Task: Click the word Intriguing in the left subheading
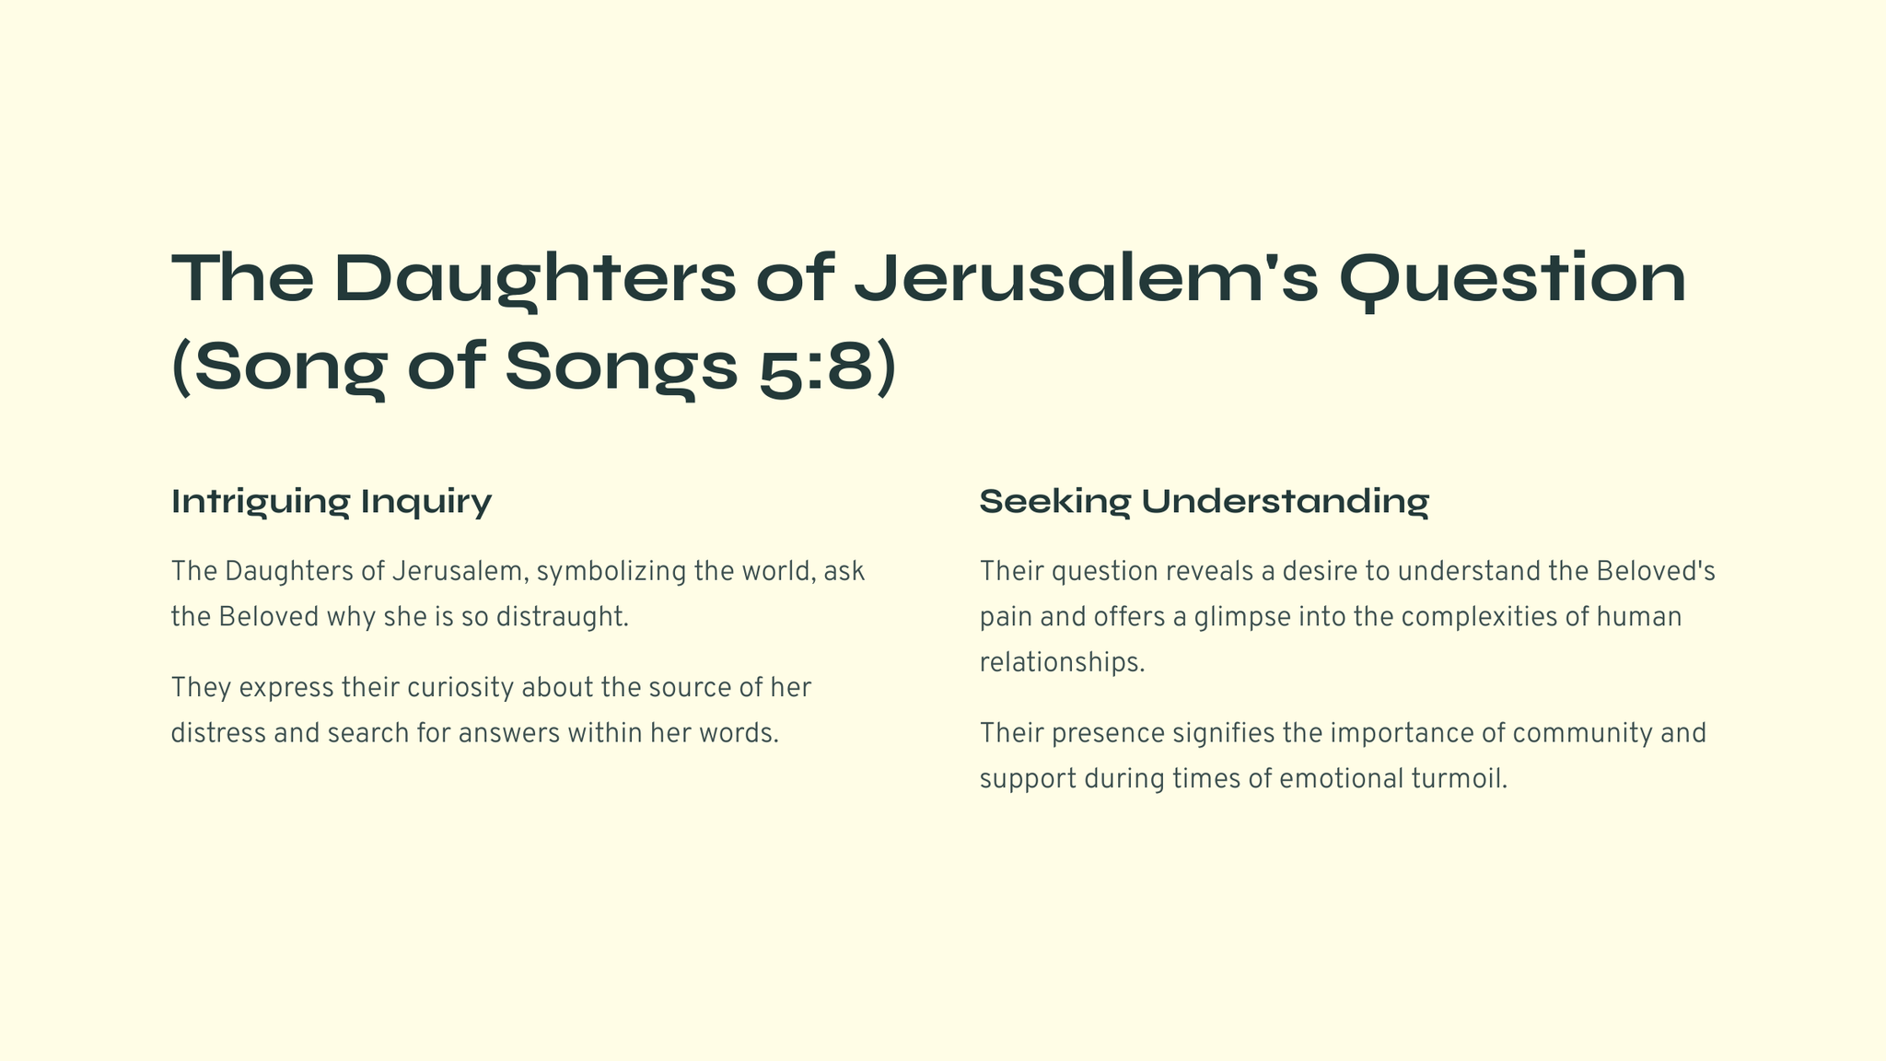[261, 503]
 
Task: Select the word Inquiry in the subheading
[426, 503]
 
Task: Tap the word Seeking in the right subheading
[1054, 503]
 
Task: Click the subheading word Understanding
[1286, 503]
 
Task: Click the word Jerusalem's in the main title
[1087, 278]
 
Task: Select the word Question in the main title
[1512, 279]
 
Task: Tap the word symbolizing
[611, 572]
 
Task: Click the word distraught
[562, 617]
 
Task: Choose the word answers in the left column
[509, 734]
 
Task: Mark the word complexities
[1479, 617]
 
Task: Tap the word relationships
[1062, 662]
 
